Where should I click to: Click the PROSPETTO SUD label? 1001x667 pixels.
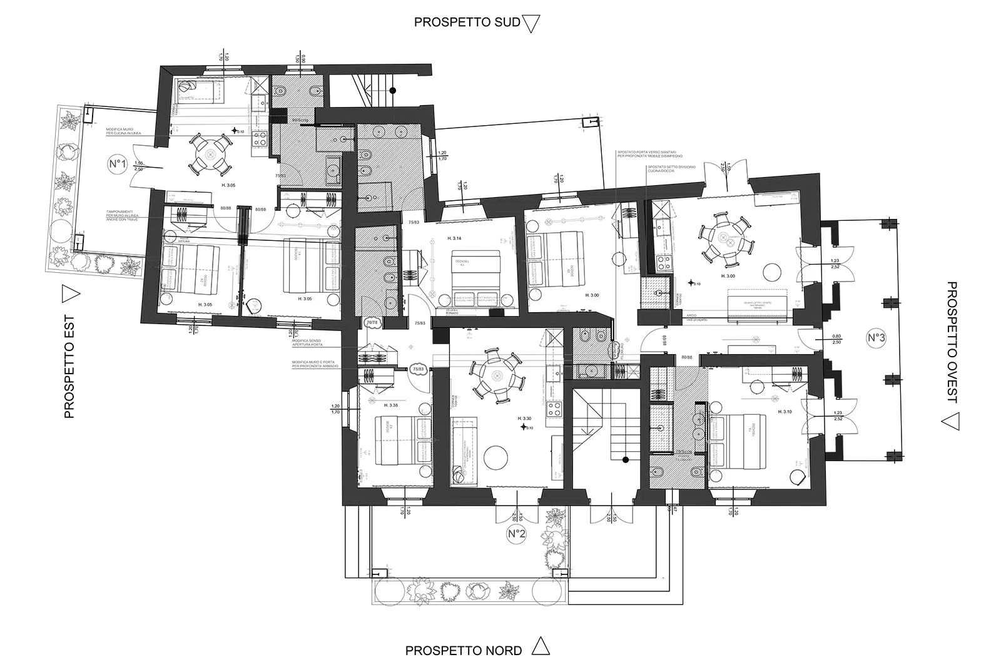[x=467, y=23]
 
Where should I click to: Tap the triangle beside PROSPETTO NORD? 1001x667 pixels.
[x=541, y=646]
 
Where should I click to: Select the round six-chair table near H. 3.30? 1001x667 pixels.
[x=497, y=376]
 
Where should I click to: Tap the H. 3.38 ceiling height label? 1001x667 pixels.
[x=390, y=405]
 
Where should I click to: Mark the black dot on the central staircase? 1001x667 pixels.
[x=625, y=461]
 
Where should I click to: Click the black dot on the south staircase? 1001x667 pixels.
[x=392, y=91]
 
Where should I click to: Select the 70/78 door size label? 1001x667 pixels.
[x=372, y=322]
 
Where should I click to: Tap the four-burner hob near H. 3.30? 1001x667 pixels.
[x=554, y=409]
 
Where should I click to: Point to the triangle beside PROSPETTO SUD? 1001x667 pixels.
[x=531, y=24]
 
